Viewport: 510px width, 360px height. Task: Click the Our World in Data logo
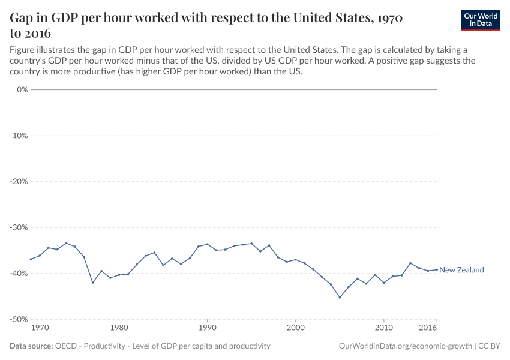[480, 20]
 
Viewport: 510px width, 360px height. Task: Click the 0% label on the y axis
[22, 89]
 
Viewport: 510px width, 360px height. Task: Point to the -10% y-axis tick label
[20, 136]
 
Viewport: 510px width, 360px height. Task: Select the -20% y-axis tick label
[20, 181]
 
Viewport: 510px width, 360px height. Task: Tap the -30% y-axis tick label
[20, 227]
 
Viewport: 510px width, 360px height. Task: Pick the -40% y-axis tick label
[20, 273]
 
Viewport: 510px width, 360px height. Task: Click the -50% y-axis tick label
[20, 319]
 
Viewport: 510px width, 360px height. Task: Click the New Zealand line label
[461, 270]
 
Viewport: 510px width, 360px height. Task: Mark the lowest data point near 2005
[340, 298]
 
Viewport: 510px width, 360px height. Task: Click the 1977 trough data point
[92, 283]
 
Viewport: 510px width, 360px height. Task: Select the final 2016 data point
[437, 269]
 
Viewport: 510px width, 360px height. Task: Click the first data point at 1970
[31, 259]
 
